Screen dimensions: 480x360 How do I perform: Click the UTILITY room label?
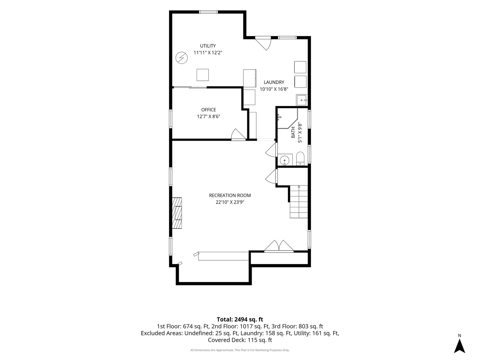point(208,46)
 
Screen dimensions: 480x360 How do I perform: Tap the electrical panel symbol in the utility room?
point(182,58)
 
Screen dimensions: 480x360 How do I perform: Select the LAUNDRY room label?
point(274,82)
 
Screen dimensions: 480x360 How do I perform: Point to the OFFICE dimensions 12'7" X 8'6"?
point(208,117)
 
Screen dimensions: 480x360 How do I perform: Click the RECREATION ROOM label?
point(230,195)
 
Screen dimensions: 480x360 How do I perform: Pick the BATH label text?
point(293,132)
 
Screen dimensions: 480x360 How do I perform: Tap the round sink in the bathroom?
point(285,160)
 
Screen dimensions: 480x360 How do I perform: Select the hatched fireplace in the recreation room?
point(177,213)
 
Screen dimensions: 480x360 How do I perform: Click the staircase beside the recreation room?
point(299,202)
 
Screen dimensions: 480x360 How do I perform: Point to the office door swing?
point(238,134)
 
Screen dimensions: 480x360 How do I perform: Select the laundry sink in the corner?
point(302,100)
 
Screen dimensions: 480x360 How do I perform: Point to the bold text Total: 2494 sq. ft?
point(240,319)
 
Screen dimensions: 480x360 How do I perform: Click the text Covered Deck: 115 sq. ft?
point(240,340)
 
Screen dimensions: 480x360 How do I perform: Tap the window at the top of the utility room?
point(208,12)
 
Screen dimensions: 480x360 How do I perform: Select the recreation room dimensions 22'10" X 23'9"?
point(230,202)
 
